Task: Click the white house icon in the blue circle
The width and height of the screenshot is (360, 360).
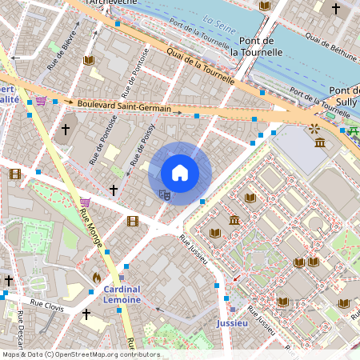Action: click(x=180, y=173)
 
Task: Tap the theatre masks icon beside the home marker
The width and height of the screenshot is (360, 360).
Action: click(x=164, y=194)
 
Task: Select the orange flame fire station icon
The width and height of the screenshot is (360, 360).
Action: click(x=97, y=277)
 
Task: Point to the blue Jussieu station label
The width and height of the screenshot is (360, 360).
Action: click(x=232, y=323)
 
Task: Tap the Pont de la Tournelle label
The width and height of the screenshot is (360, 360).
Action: click(x=256, y=46)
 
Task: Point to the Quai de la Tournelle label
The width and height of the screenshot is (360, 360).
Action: click(x=200, y=66)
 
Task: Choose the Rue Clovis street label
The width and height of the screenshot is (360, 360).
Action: click(x=46, y=304)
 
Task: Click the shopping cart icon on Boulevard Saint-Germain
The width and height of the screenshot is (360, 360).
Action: click(x=41, y=101)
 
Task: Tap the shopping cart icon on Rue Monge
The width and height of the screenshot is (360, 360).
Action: click(x=85, y=202)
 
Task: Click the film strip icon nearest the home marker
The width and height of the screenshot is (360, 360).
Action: click(x=132, y=221)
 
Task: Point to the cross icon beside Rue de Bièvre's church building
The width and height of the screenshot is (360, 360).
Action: click(x=66, y=128)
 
